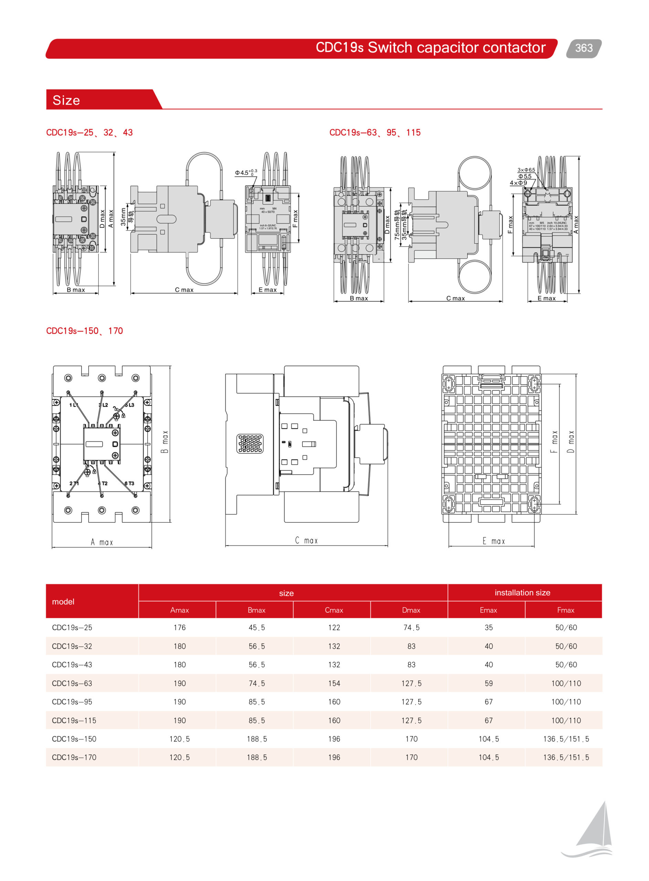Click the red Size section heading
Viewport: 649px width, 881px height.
(x=66, y=100)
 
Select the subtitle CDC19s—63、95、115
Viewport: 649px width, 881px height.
(x=374, y=132)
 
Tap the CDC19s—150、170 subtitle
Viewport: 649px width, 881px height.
(x=84, y=331)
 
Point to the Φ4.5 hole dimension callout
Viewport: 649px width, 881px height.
(x=245, y=172)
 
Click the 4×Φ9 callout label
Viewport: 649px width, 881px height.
(x=518, y=183)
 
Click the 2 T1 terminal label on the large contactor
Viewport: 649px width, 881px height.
(x=73, y=483)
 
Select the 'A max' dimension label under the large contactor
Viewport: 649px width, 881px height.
(x=102, y=542)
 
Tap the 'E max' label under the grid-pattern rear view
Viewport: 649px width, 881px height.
(x=493, y=541)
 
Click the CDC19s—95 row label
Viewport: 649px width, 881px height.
(x=72, y=702)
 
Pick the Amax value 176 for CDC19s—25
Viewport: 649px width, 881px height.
(x=180, y=628)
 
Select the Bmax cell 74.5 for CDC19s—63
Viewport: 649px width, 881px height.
(x=256, y=683)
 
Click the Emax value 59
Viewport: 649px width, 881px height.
(x=488, y=683)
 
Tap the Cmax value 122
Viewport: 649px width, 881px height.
(x=334, y=628)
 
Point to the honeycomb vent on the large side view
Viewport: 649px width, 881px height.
(x=250, y=444)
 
